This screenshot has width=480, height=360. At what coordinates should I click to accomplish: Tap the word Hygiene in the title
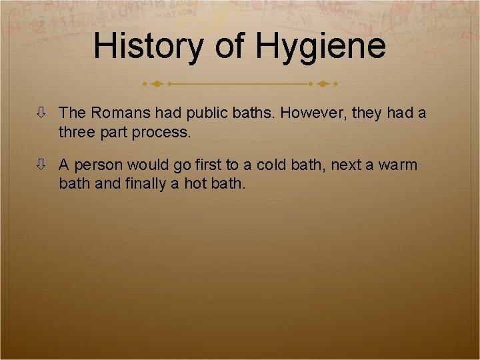tap(321, 47)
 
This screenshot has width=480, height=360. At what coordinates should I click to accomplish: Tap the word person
tap(99, 165)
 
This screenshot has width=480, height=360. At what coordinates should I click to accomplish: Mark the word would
tap(147, 164)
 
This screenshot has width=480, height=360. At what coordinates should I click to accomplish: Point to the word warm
tap(398, 165)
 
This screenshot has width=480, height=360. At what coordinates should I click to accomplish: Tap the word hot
tap(196, 183)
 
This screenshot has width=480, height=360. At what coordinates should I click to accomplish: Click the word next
tap(347, 165)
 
